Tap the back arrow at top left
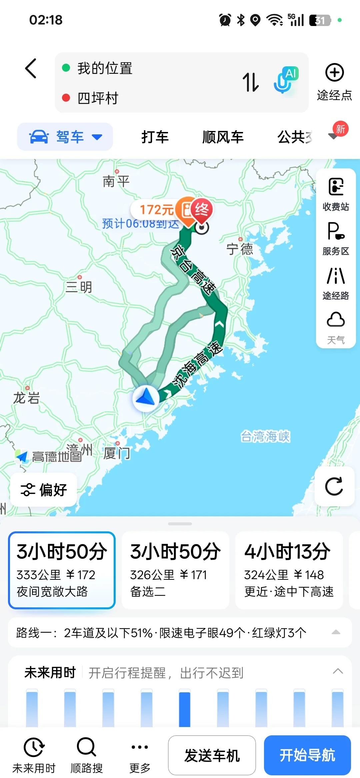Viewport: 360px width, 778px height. pyautogui.click(x=31, y=68)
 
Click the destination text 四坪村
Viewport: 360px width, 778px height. pyautogui.click(x=98, y=98)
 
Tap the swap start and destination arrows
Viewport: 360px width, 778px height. pyautogui.click(x=251, y=82)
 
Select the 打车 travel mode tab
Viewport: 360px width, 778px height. pyautogui.click(x=155, y=137)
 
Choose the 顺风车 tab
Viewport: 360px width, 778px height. pyautogui.click(x=223, y=137)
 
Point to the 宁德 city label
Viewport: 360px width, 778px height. pyautogui.click(x=240, y=249)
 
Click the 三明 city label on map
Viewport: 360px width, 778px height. pyautogui.click(x=79, y=287)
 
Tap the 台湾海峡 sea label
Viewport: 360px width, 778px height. pyautogui.click(x=265, y=436)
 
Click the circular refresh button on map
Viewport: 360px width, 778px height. pyautogui.click(x=334, y=486)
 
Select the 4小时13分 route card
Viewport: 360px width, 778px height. pyautogui.click(x=289, y=570)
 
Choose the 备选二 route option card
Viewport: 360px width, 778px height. pyautogui.click(x=175, y=570)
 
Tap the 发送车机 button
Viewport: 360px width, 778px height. pyautogui.click(x=212, y=755)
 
